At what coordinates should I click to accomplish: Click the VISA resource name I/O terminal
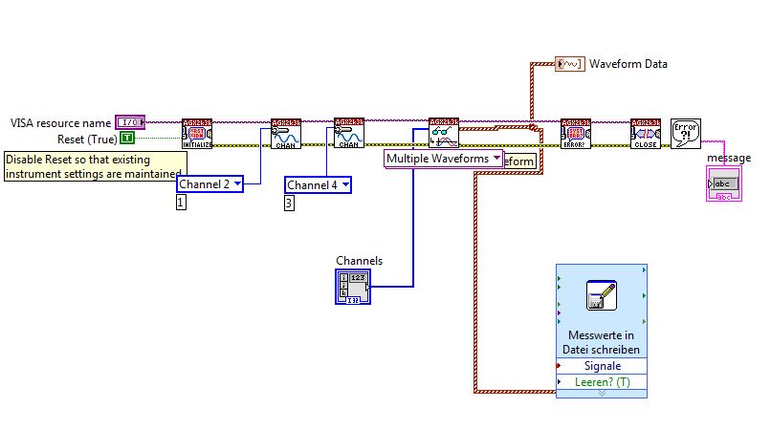[129, 122]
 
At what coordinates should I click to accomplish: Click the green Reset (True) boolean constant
[127, 140]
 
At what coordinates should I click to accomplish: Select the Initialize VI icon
[196, 134]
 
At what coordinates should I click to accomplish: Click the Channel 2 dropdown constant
[209, 184]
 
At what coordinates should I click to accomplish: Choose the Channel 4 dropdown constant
[319, 184]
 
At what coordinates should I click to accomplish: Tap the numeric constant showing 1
[181, 203]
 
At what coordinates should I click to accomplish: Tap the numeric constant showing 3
[290, 203]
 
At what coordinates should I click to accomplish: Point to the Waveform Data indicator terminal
[570, 64]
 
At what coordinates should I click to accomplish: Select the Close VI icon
[646, 134]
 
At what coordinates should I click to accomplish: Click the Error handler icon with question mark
[686, 134]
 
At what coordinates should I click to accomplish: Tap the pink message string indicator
[722, 183]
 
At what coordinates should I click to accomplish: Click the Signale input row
[602, 365]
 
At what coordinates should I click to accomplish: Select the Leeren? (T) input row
[602, 381]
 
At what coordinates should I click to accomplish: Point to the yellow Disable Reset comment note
[93, 166]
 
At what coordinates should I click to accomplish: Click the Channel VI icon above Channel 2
[285, 134]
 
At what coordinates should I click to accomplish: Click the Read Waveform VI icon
[444, 134]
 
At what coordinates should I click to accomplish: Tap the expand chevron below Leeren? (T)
[602, 393]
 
